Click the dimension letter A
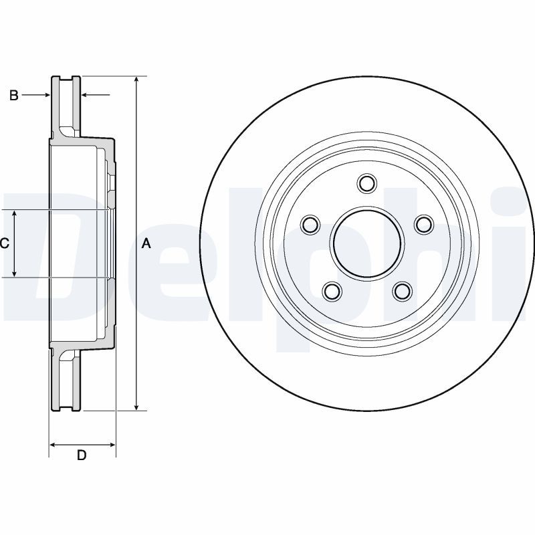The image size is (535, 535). pos(146,243)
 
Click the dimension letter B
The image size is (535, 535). pos(13,95)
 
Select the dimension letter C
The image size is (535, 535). pos(5,243)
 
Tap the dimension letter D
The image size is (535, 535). pos(82,455)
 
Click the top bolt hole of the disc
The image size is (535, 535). pos(367,183)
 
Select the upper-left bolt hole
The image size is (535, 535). pos(311,225)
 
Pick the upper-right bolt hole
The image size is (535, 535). pos(424,225)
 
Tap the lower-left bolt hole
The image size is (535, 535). pos(332,291)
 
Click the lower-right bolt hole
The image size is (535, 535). pos(403,291)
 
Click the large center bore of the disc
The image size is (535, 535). pos(367,243)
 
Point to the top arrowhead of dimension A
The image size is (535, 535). pos(136,79)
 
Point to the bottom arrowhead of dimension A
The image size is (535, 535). pos(136,407)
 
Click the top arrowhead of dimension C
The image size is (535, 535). pos(14,213)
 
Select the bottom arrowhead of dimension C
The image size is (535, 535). pos(14,273)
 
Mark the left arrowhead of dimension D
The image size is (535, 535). pos(53,445)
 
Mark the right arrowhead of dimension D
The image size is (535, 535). pos(112,445)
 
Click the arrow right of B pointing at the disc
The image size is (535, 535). pos(36,95)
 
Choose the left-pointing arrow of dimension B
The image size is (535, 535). pos(96,95)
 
